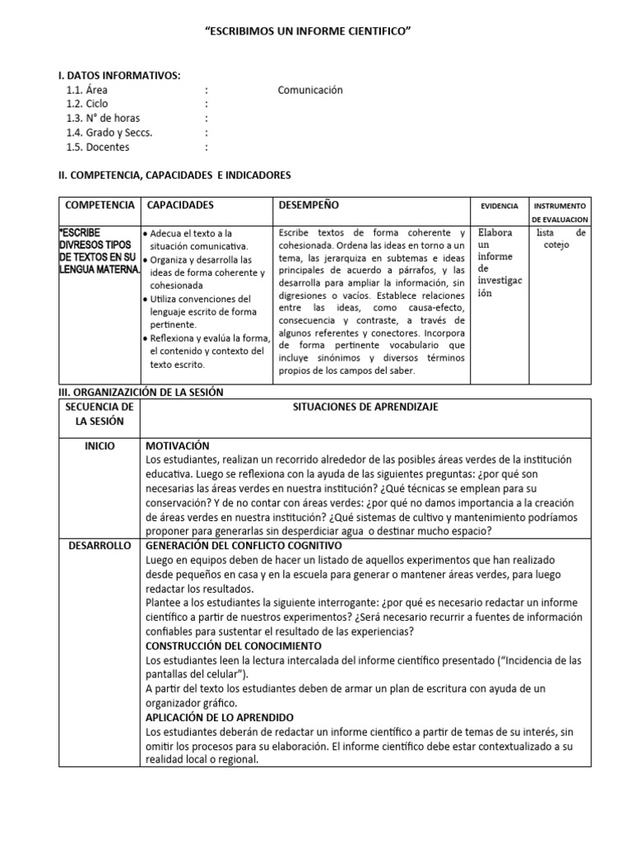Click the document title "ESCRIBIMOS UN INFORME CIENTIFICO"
(307, 30)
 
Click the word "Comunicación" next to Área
(310, 91)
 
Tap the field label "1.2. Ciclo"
(87, 105)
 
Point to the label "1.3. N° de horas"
(104, 119)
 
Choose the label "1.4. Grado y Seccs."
(109, 133)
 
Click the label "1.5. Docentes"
(98, 147)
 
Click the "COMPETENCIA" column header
(100, 205)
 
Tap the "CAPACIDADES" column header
(180, 205)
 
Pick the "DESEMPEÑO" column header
(309, 205)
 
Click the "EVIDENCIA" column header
(499, 206)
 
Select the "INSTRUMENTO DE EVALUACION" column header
(560, 212)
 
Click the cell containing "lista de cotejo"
(560, 239)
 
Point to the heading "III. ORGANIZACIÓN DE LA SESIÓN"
(140, 393)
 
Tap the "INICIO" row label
(100, 445)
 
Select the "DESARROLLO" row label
(100, 545)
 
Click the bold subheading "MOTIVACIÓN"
(177, 445)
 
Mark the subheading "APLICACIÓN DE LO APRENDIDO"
(219, 717)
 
